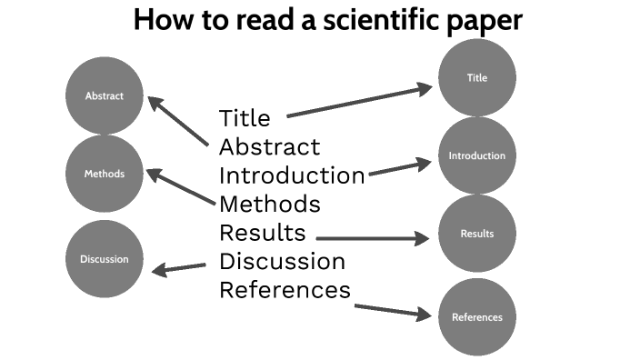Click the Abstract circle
tap(105, 95)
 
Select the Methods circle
tap(105, 174)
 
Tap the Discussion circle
tap(105, 259)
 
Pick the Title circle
tap(477, 78)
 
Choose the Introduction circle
tap(477, 156)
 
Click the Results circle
tap(477, 234)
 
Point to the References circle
tap(477, 317)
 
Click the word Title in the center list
tap(245, 118)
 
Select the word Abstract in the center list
tap(269, 146)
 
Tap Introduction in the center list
tap(292, 175)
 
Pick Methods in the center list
tap(269, 203)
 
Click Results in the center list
tap(262, 232)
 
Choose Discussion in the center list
tap(282, 261)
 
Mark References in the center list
tap(285, 290)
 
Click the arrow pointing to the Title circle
tap(359, 102)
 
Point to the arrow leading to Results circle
tap(373, 239)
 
